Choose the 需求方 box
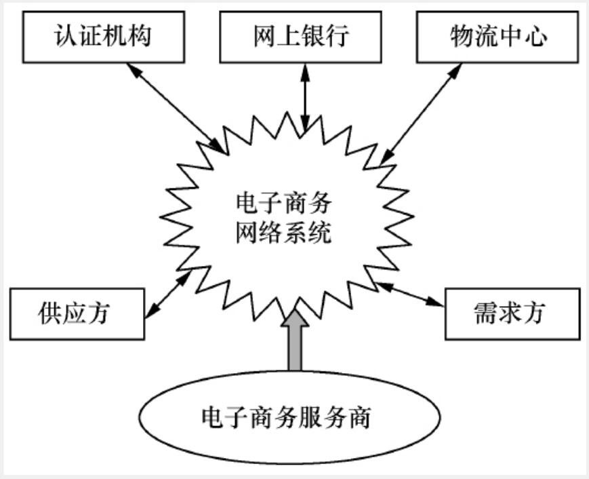click(x=512, y=313)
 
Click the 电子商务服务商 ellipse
click(x=286, y=417)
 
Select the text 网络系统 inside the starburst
click(x=283, y=234)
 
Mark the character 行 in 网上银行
click(x=339, y=36)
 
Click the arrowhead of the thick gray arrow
click(x=296, y=318)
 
